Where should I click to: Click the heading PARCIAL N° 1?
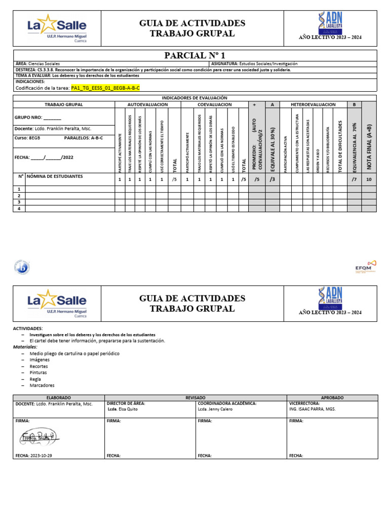coord(194,55)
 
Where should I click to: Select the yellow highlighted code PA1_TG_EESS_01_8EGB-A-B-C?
coord(105,88)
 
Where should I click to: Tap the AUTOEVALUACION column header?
coord(147,104)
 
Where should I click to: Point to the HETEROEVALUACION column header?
coord(313,104)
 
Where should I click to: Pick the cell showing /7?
coord(354,179)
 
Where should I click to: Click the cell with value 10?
coord(369,179)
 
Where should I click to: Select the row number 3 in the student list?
coord(19,202)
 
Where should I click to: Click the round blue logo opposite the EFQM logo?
coord(22,267)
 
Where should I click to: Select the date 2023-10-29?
coord(42,456)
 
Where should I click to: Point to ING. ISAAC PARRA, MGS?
coord(312,409)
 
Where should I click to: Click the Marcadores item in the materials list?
coord(42,385)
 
